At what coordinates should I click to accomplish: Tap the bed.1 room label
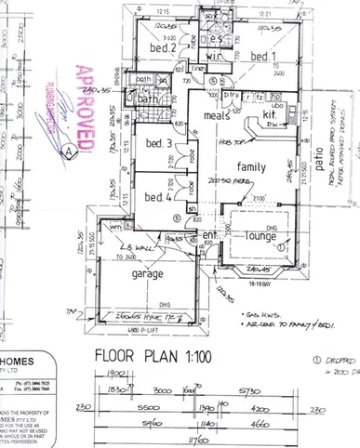(x=268, y=56)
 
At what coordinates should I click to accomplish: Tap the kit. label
(x=271, y=114)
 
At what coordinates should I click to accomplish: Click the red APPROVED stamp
(x=86, y=107)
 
